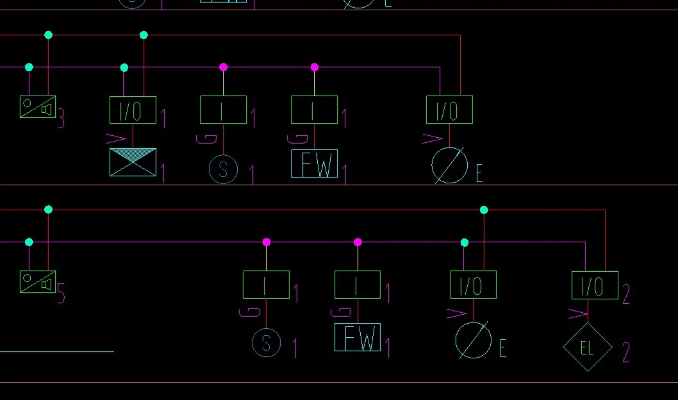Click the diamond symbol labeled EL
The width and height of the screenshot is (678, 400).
pos(588,347)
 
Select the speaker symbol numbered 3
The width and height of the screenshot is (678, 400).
pos(38,106)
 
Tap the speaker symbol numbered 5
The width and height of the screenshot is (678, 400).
pos(38,281)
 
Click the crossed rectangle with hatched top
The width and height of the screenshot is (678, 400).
pos(133,162)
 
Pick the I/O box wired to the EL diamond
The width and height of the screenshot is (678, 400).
pos(595,285)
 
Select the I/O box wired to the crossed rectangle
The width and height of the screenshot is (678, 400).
pos(133,110)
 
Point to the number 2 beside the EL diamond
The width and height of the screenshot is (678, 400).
pos(626,352)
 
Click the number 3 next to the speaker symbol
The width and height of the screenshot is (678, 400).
pos(61,119)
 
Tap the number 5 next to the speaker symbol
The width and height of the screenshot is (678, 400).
pos(61,294)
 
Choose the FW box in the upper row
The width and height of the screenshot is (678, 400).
pos(314,163)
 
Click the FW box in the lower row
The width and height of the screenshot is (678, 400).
pos(358,337)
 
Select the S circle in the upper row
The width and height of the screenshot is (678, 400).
pos(223,169)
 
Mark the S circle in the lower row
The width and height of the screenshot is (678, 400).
pos(266,343)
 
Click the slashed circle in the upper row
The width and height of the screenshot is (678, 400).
pos(449,165)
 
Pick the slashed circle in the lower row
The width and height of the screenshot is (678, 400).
pos(473,340)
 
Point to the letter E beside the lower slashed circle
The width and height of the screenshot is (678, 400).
pos(503,348)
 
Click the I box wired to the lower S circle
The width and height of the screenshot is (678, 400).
pos(266,285)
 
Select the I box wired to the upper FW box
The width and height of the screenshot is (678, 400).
pos(314,110)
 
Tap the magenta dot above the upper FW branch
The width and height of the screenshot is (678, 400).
pos(315,67)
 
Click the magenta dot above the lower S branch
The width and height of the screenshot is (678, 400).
pos(267,242)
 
